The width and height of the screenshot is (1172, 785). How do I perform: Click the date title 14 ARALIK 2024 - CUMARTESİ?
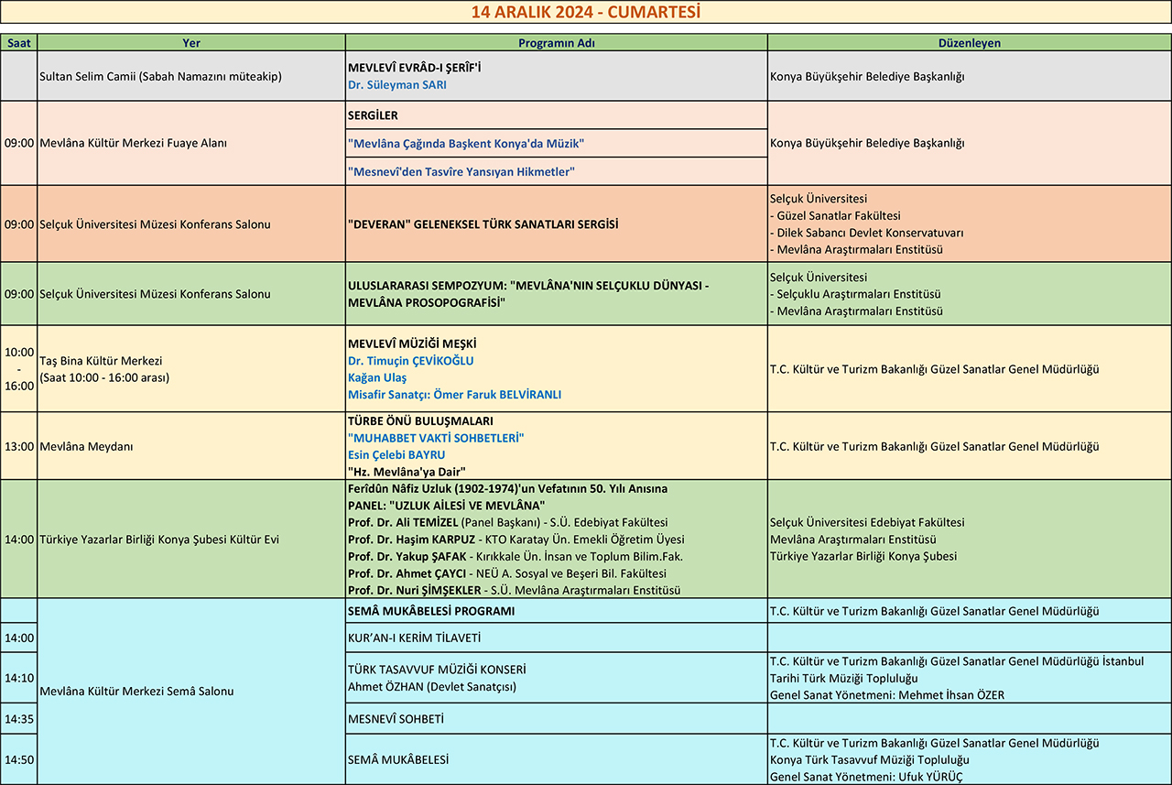[x=585, y=12]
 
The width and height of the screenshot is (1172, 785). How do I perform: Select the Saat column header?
[x=18, y=43]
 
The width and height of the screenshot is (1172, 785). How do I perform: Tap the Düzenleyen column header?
[x=969, y=43]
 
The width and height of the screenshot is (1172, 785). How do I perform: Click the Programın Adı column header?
[x=556, y=43]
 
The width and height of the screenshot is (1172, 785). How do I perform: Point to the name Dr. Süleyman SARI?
[x=397, y=85]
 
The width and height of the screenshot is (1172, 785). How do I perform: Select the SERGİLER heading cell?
[x=556, y=115]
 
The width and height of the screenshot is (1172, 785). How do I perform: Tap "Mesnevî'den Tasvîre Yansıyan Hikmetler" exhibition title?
[x=461, y=171]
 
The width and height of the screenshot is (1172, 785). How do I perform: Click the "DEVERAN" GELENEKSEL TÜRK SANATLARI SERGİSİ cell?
[x=483, y=224]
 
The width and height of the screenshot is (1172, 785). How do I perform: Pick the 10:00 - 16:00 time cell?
[x=19, y=369]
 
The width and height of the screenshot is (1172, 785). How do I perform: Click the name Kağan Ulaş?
[x=377, y=377]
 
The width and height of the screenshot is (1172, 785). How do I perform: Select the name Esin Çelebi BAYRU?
[x=396, y=455]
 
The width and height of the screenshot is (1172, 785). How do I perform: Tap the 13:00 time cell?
[x=19, y=447]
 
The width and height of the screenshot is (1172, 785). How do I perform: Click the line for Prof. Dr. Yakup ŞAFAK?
[x=515, y=557]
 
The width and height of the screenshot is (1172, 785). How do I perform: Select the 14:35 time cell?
[x=19, y=719]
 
